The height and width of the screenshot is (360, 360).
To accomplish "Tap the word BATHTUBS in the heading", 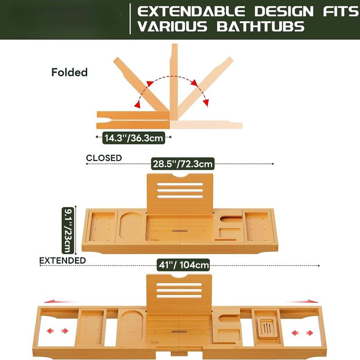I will click(261, 27).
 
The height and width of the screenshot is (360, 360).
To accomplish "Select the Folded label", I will click(69, 72).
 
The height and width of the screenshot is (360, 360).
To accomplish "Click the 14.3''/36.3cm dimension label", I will click(134, 138).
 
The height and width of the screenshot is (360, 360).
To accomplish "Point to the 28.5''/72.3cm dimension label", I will click(182, 163).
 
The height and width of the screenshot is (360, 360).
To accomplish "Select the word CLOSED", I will click(104, 158).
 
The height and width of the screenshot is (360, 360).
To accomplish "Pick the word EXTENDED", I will click(63, 260).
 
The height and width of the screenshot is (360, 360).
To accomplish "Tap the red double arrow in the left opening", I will click(59, 331).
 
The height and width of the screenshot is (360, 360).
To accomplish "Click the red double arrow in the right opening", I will click(302, 333).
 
